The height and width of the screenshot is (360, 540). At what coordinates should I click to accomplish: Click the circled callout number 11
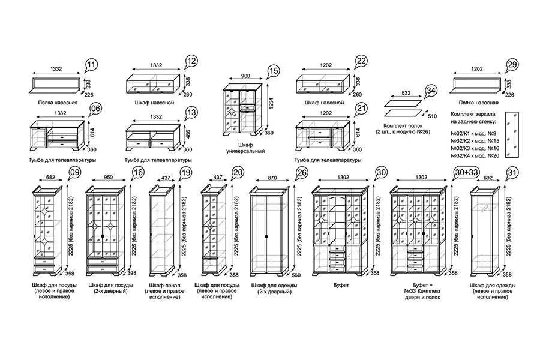click(x=91, y=65)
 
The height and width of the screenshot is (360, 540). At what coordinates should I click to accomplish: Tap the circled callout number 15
click(x=274, y=71)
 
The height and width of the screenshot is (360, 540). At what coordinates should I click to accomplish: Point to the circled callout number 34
click(x=430, y=91)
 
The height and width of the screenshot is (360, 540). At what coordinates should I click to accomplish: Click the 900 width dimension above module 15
click(x=245, y=76)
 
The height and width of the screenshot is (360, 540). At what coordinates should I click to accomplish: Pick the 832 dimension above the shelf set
click(x=406, y=93)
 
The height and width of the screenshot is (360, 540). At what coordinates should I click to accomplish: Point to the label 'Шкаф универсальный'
click(x=245, y=148)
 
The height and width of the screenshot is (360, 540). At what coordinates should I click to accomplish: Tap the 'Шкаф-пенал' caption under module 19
click(x=165, y=286)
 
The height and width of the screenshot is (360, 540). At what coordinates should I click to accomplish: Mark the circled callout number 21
click(x=361, y=108)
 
